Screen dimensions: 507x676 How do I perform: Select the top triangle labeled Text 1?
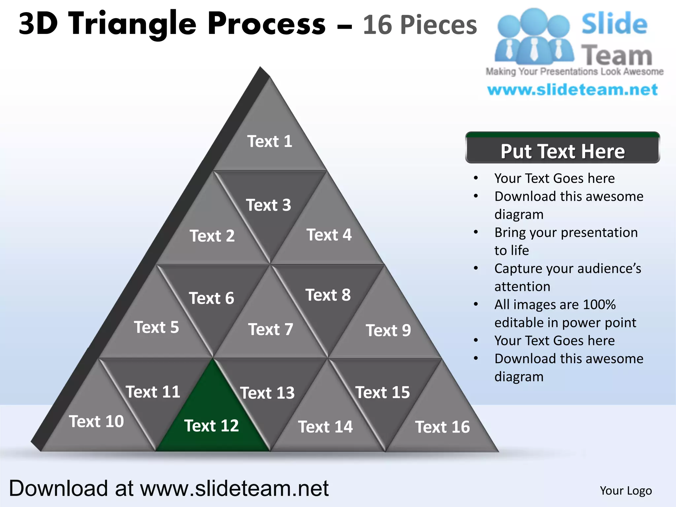point(270,142)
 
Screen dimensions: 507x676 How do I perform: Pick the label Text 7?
point(271,329)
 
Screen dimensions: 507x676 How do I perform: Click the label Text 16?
point(442,427)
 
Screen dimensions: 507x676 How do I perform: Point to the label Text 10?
point(96,422)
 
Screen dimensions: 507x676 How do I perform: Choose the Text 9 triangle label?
point(388,330)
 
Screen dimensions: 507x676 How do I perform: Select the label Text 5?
point(156,327)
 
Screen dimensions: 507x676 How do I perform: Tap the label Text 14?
point(325,427)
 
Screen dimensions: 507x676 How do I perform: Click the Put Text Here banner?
point(562,151)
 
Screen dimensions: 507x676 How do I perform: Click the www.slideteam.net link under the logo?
point(572,90)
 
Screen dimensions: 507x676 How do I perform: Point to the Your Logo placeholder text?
point(625,490)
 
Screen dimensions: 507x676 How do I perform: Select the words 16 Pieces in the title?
point(420,25)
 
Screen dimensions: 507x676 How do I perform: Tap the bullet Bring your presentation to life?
point(566,241)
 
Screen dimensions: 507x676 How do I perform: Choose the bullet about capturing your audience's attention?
point(567,277)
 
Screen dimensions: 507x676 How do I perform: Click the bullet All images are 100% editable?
point(565,313)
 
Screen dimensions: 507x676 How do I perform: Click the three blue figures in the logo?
point(534,36)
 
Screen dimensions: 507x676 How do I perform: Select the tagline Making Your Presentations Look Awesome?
point(574,72)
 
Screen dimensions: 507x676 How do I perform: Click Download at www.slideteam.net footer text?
point(168,489)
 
